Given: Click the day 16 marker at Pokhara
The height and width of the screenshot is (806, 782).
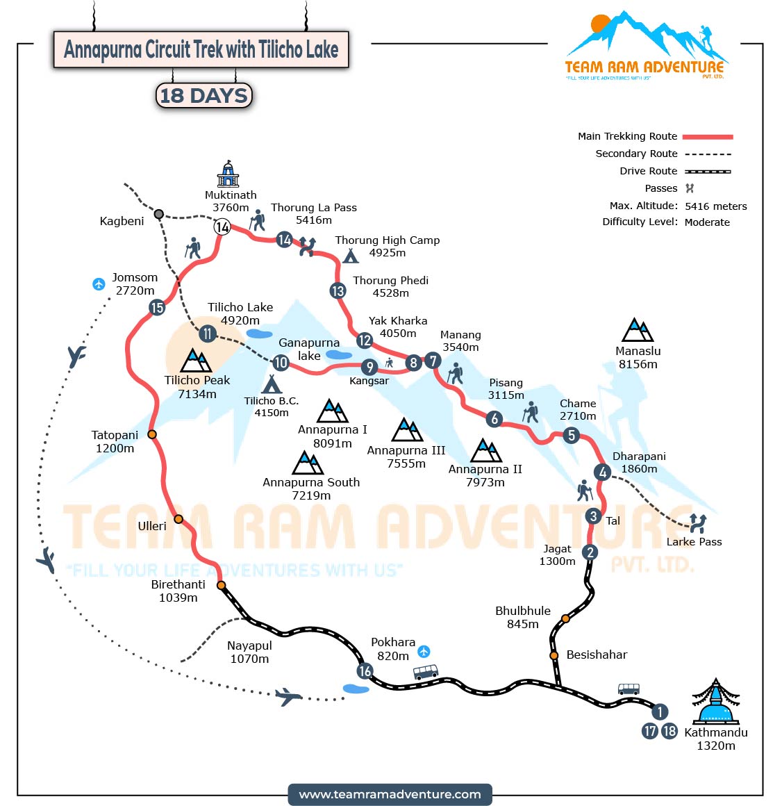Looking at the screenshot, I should point(365,671).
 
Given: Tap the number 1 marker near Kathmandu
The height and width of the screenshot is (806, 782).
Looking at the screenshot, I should point(659,712).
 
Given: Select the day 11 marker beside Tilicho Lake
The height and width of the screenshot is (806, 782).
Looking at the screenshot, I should point(207,334).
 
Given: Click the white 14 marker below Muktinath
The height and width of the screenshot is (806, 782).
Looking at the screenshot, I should point(222,227).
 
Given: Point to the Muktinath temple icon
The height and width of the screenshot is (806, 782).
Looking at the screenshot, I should point(228,174).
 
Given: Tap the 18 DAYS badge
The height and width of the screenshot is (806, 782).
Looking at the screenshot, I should point(203,96).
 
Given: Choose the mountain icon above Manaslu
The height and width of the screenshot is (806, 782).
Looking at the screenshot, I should point(638,330).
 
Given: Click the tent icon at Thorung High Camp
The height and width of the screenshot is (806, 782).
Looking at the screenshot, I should point(351,256).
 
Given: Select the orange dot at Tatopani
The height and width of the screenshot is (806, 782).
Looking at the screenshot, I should point(151,434).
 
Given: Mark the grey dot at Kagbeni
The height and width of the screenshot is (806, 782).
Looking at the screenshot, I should point(158,214).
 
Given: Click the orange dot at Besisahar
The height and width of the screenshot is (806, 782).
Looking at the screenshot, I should point(554,655).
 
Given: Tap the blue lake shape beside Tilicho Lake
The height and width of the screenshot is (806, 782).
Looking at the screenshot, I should point(259,334).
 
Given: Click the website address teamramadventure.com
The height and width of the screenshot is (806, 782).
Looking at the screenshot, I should point(390,794).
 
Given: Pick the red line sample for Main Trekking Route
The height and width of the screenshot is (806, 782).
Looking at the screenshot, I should point(707,137).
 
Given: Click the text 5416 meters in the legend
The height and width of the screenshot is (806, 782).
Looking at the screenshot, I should point(715,206).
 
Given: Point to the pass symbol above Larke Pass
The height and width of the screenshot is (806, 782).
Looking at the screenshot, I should point(697,523).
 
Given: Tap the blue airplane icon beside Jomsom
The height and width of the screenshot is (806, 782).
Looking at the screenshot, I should point(99,283).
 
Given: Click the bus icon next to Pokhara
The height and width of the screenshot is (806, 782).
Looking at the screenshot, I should point(425,672).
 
